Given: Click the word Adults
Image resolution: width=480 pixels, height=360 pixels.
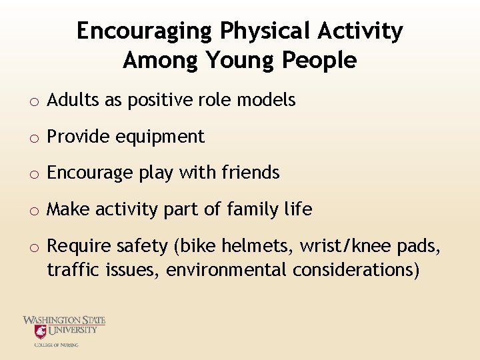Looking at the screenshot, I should point(71,101).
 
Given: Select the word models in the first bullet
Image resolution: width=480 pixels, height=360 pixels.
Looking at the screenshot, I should point(267,101).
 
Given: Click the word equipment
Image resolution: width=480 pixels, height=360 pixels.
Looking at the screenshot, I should point(160,137).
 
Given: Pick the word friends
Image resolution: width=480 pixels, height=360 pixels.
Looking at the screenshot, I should point(250,173).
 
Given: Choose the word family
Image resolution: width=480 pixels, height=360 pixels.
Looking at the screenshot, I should point(255,210).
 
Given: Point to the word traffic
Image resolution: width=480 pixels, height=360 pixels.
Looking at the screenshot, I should point(70,271).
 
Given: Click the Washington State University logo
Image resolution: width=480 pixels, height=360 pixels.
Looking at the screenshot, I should point(64,331).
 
